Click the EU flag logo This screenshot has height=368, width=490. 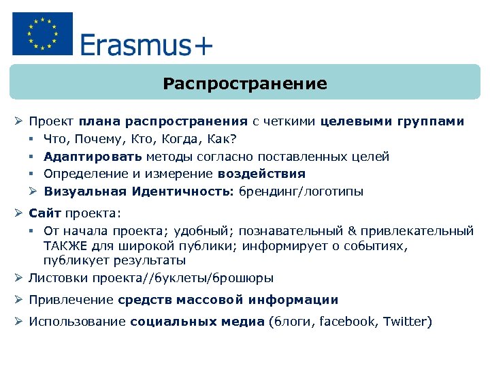(42, 34)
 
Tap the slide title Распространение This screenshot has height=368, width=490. (245, 84)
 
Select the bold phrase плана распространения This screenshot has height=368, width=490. (163, 121)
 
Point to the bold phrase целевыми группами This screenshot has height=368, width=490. (392, 121)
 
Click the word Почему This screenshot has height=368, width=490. (91, 139)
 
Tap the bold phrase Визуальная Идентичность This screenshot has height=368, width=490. (140, 191)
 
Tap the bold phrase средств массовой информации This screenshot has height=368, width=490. (228, 300)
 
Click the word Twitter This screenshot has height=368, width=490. (406, 322)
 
